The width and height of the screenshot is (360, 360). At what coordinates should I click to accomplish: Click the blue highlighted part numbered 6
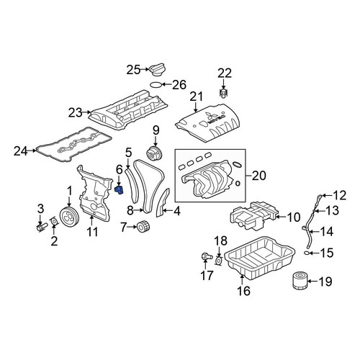coord(119,190)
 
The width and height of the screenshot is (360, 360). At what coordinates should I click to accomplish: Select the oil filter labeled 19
coord(300,281)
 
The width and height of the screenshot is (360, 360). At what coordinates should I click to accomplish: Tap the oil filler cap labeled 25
coord(158,70)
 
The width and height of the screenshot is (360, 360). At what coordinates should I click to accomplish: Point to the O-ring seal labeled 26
coord(156,84)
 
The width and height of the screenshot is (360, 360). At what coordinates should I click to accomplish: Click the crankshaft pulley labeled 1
coord(68,217)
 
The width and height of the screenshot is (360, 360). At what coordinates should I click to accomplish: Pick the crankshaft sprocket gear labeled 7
coord(143,227)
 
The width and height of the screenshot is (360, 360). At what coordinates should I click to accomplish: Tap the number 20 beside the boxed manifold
coord(259,176)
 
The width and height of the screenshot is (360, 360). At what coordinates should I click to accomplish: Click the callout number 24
coord(20,151)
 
